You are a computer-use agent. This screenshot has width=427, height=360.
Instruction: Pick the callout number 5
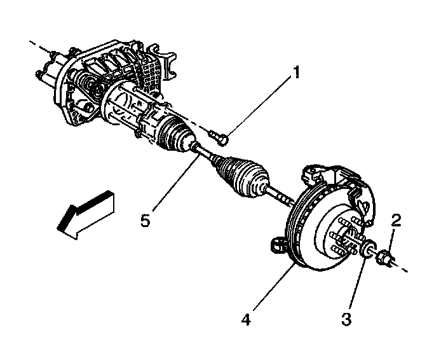coord(146,222)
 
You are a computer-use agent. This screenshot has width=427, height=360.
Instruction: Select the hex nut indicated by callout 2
coord(384,258)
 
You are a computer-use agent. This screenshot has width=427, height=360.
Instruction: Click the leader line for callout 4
coord(270,290)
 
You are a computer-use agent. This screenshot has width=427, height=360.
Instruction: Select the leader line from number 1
coord(261,105)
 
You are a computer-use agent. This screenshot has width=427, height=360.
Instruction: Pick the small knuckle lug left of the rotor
coord(275,245)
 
